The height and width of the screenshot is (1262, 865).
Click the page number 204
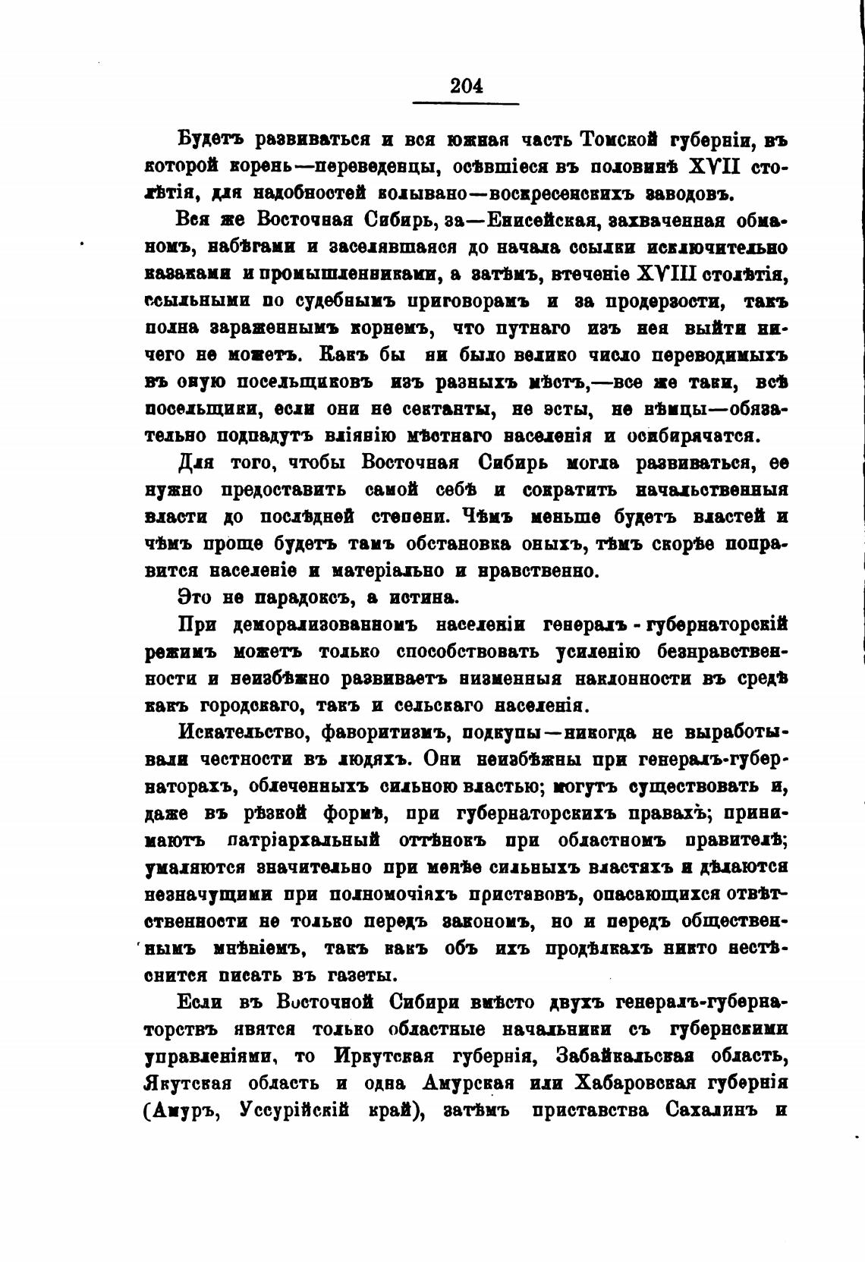point(466,86)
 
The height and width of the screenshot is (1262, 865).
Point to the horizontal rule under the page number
point(466,103)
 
